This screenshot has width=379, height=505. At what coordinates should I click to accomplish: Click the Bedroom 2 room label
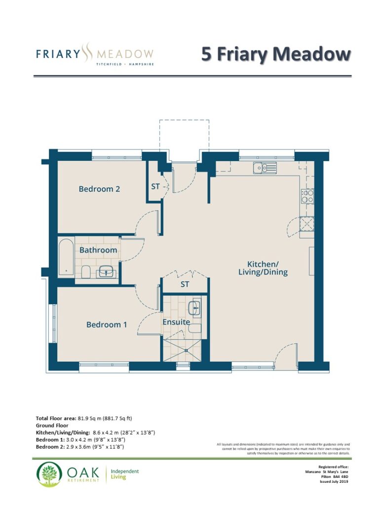click(x=99, y=189)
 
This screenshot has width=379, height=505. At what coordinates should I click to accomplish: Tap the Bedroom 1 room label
click(x=107, y=325)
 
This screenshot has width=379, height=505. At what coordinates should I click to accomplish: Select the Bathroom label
click(x=98, y=250)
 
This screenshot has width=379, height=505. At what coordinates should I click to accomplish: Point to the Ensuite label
click(x=176, y=322)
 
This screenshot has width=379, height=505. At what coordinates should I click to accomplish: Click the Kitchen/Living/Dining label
click(x=263, y=268)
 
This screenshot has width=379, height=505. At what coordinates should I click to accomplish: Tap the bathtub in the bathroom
click(x=67, y=257)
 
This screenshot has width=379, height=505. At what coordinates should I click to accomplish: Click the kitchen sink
click(x=265, y=168)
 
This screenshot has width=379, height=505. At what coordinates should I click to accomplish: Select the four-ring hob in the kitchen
click(x=307, y=196)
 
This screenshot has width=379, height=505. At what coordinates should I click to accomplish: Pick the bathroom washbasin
click(x=106, y=272)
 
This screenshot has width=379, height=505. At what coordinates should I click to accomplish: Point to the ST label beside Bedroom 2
click(x=155, y=186)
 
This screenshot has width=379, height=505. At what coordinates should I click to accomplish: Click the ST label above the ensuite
click(x=185, y=285)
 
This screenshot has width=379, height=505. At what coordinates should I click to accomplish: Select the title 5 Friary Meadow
click(x=276, y=54)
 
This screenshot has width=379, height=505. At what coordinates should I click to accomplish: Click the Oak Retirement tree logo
click(x=49, y=474)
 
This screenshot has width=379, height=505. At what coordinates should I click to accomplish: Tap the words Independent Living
click(x=125, y=474)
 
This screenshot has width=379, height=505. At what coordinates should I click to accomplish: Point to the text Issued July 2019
click(x=334, y=482)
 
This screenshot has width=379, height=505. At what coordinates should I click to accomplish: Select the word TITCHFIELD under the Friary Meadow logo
click(x=109, y=64)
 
